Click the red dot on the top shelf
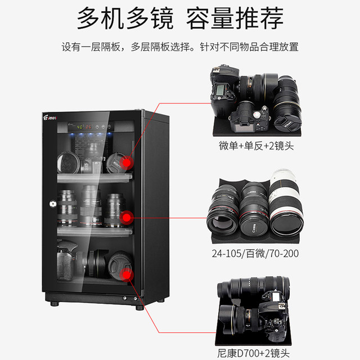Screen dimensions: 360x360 point(128,163)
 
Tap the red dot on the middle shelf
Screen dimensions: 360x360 point(128,216)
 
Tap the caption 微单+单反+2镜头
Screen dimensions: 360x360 point(256,146)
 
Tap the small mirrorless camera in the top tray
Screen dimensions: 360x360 point(248,115)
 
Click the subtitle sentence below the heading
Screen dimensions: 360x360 point(180,47)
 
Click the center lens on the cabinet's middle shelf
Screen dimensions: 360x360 point(91,206)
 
